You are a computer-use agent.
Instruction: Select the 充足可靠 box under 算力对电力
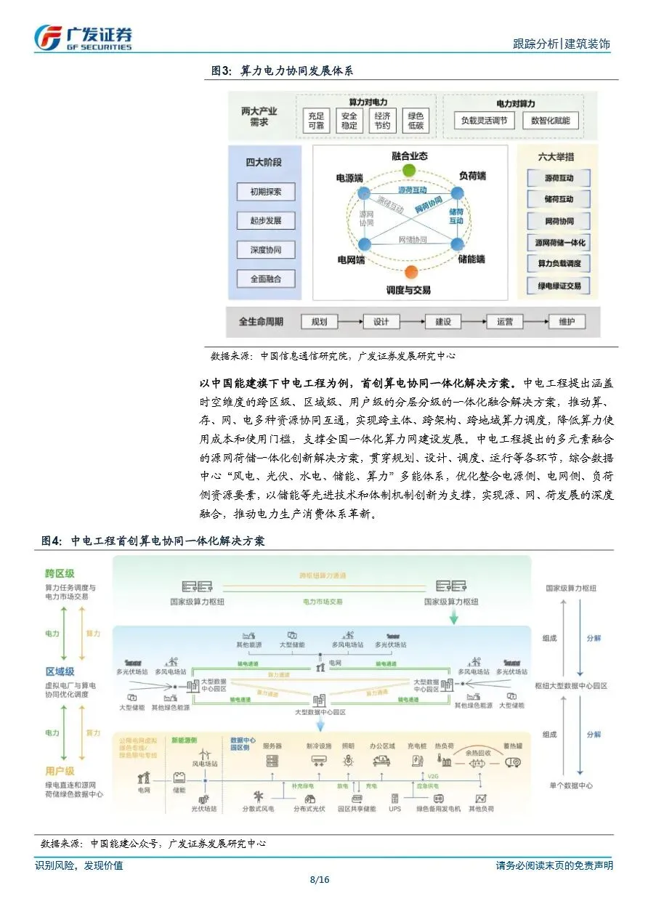pyautogui.click(x=317, y=121)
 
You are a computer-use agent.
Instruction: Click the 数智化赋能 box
pyautogui.click(x=550, y=121)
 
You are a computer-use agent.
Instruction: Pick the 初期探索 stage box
pyautogui.click(x=265, y=193)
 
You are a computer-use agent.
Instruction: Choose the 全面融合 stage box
pyautogui.click(x=265, y=278)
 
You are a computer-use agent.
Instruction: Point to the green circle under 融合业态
pyautogui.click(x=410, y=171)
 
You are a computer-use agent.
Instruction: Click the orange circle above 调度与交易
pyautogui.click(x=410, y=272)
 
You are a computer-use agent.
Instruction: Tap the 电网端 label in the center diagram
pyautogui.click(x=351, y=259)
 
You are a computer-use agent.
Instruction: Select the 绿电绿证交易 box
pyautogui.click(x=559, y=286)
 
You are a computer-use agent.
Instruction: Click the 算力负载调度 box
pyautogui.click(x=559, y=264)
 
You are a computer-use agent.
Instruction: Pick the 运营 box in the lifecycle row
pyautogui.click(x=506, y=322)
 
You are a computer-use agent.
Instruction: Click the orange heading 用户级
pyautogui.click(x=60, y=770)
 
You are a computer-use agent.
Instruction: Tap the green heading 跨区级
pyautogui.click(x=60, y=573)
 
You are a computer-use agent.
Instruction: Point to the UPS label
pyautogui.click(x=394, y=808)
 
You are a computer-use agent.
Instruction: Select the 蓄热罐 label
pyautogui.click(x=513, y=746)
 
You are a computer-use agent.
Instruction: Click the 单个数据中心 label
pyautogui.click(x=570, y=785)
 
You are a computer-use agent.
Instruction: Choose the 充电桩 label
pyautogui.click(x=417, y=746)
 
